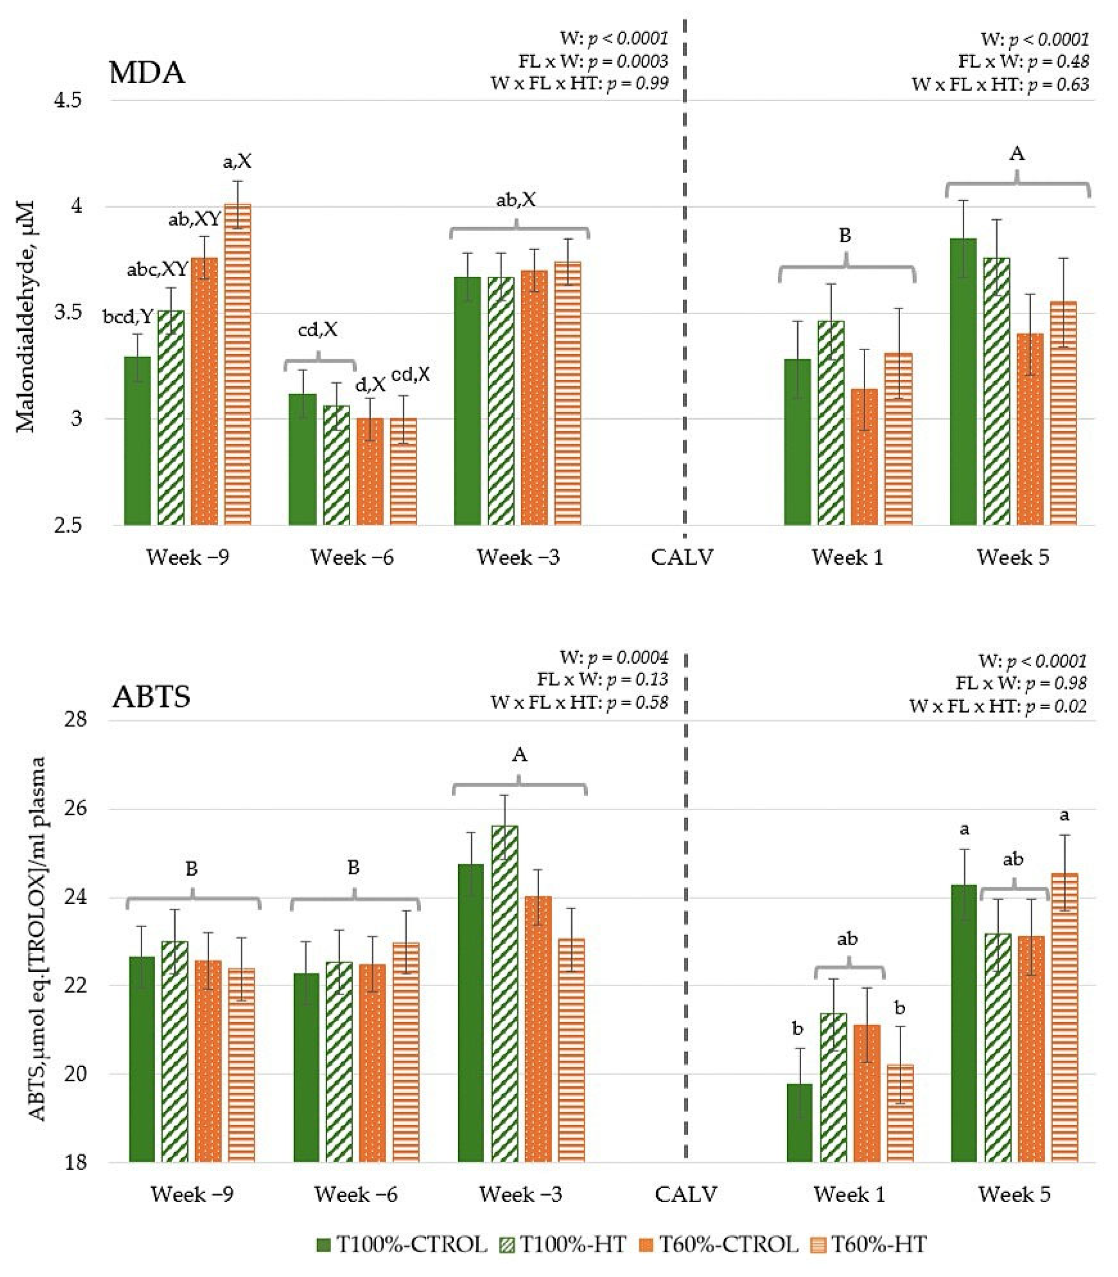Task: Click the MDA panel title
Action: pos(147,73)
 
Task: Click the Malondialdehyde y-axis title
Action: pos(26,316)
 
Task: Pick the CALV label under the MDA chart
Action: pos(682,557)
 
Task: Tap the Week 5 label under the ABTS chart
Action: pos(1014,1195)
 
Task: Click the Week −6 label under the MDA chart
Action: pos(352,557)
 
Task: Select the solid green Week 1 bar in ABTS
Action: pos(799,1123)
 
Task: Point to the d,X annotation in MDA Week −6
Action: pos(370,385)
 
